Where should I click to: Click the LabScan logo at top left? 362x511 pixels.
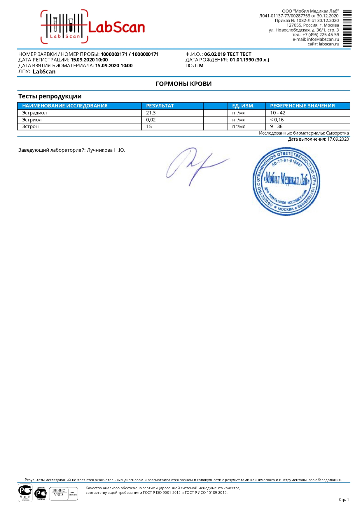coord(92,27)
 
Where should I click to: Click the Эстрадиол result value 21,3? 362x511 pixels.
coord(151,113)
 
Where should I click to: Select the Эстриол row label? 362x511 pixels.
coord(32,120)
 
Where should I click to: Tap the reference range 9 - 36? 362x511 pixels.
coord(276,127)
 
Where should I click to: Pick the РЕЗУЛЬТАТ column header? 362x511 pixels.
coord(160,106)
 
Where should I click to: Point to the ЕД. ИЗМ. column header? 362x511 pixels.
coord(243,106)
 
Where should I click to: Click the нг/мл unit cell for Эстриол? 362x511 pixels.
coord(239,120)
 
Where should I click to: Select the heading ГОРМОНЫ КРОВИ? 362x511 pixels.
coord(184,84)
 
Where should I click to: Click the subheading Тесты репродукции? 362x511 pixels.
coord(50,96)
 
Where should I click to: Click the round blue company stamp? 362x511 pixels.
coord(286,181)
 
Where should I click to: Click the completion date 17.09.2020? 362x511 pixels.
coord(338,139)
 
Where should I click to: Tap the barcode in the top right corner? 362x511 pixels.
coord(347,28)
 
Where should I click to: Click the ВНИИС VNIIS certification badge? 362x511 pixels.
coord(59,493)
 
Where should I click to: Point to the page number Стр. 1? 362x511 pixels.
coord(344,500)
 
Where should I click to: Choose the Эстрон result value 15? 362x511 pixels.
coord(149,127)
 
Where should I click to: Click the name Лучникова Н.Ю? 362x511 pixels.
coord(106,150)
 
